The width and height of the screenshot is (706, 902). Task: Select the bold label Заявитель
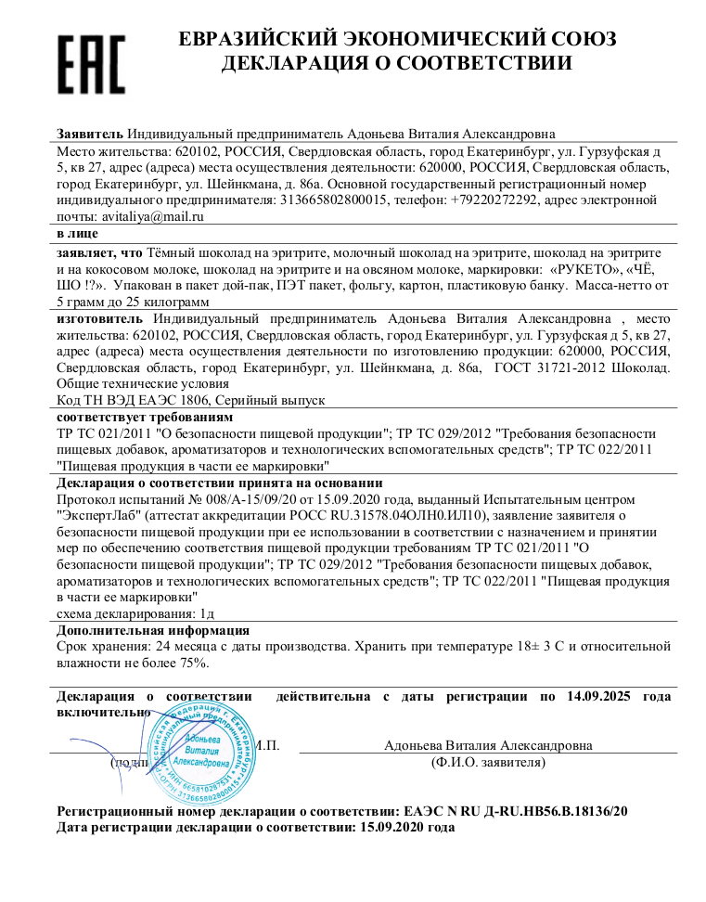(x=90, y=134)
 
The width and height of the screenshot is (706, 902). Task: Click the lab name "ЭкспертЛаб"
(x=99, y=515)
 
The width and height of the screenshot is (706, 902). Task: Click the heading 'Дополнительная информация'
(x=152, y=630)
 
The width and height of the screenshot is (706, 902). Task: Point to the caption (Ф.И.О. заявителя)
(x=488, y=762)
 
